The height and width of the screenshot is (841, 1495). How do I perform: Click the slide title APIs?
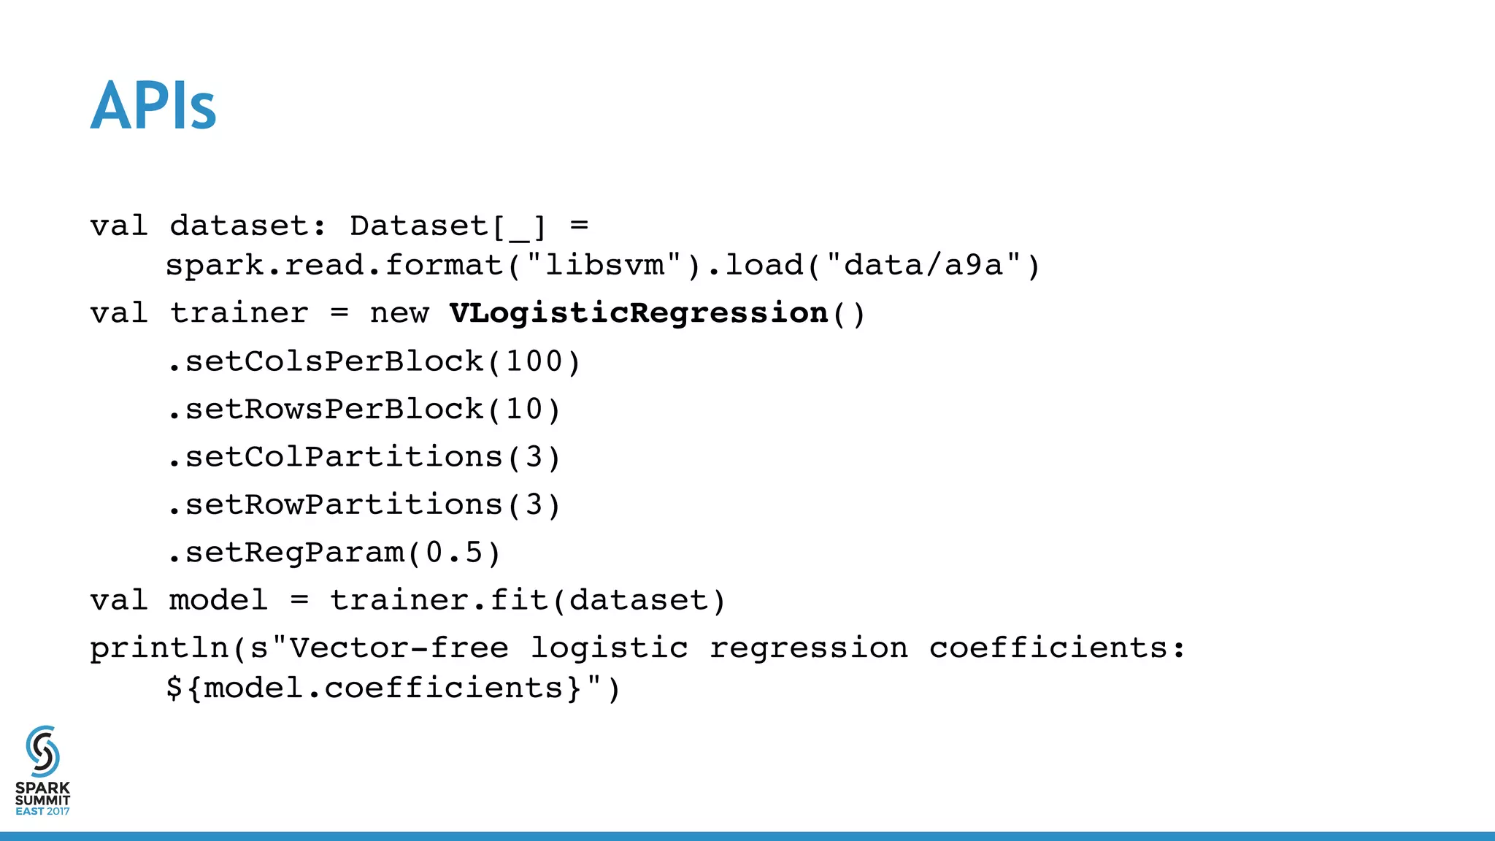153,106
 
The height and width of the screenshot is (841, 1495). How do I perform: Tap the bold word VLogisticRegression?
638,313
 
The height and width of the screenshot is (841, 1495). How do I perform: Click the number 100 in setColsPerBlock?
534,361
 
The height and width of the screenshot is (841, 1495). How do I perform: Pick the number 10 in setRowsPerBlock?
524,409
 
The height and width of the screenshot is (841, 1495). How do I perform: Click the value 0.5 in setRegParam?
455,553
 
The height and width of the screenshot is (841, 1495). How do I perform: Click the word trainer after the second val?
239,313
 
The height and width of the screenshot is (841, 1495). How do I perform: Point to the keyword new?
399,313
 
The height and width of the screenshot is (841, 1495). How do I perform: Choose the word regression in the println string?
809,648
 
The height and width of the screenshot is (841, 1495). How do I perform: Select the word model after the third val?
218,601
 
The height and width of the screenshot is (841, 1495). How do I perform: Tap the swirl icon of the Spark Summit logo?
42,751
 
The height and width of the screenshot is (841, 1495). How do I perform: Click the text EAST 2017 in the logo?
42,812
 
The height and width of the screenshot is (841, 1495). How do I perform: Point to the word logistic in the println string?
609,648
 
